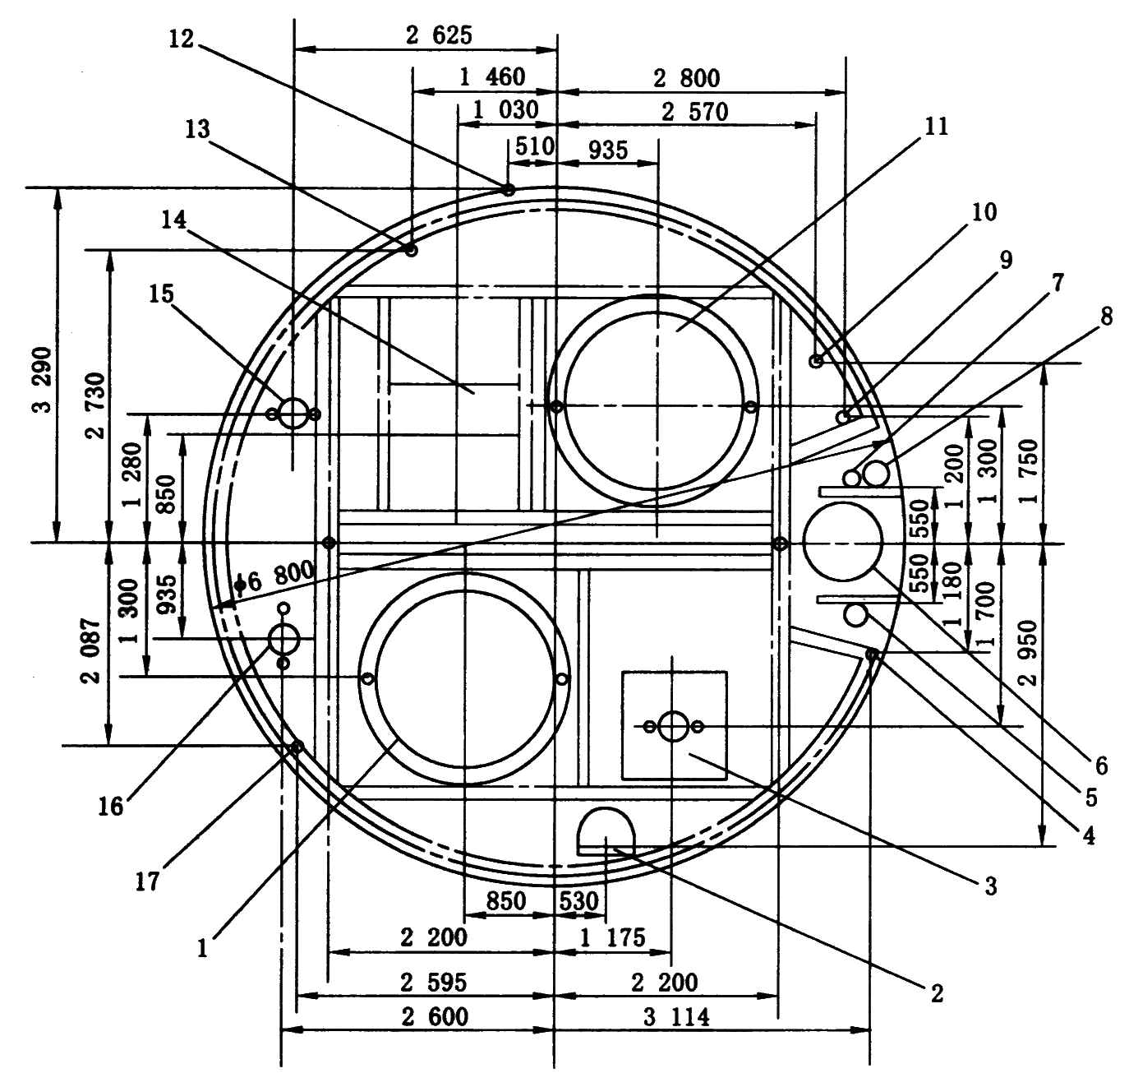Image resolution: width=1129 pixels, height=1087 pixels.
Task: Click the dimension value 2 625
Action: [x=439, y=35]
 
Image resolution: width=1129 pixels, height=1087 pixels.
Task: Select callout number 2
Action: [x=937, y=992]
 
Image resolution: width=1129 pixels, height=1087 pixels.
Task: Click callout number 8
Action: [x=1107, y=317]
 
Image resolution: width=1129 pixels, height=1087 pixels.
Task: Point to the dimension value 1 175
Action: [x=613, y=937]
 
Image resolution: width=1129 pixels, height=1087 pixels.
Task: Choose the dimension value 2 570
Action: [x=695, y=112]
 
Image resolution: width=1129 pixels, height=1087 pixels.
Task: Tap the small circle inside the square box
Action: [x=674, y=726]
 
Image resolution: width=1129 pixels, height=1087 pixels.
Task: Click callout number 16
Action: [x=111, y=806]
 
